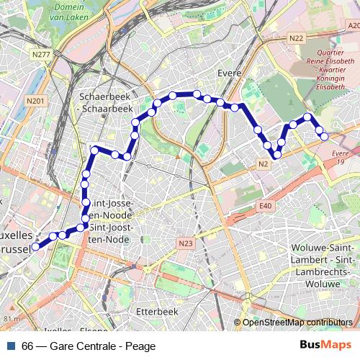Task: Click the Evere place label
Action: coord(228,73)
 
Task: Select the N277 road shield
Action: coord(41,54)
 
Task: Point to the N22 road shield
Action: coord(296,37)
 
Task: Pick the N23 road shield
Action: coord(186,243)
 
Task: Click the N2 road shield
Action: coord(264,165)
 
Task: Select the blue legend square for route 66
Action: coord(11,346)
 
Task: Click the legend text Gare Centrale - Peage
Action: coord(103,346)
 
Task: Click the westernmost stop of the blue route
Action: coord(36,246)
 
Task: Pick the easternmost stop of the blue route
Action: coord(324,135)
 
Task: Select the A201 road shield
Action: coord(353,25)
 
